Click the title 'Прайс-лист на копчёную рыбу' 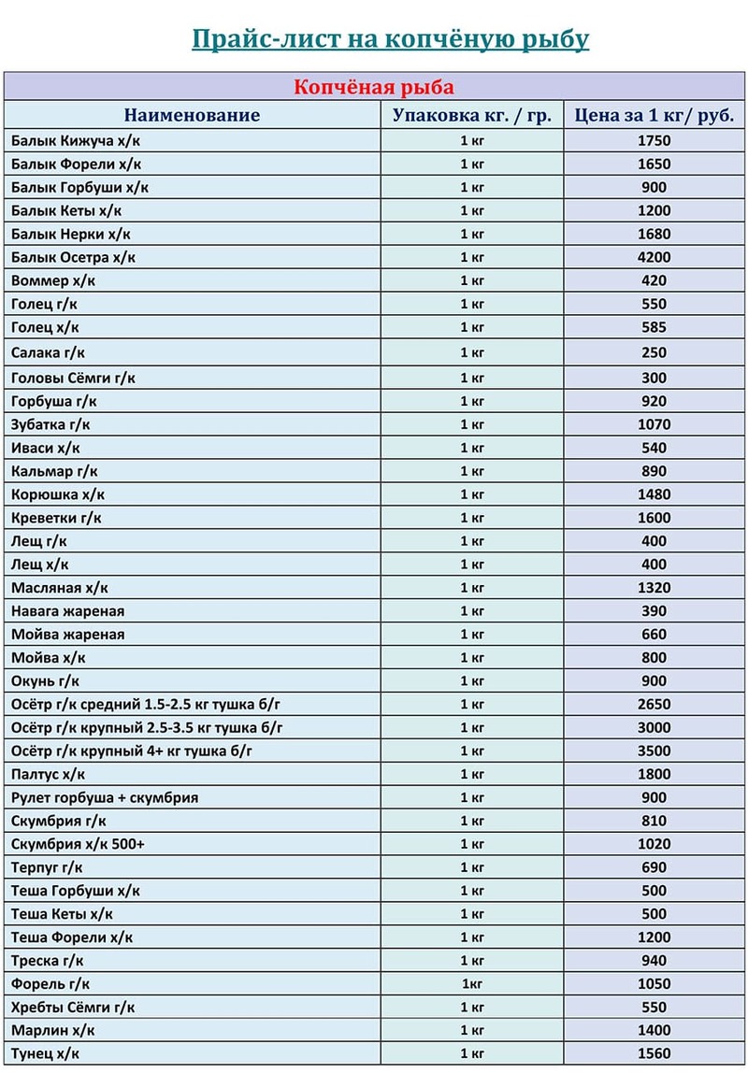pos(390,39)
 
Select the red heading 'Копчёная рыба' pos(374,88)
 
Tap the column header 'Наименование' pos(192,116)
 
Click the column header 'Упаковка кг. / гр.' pos(472,116)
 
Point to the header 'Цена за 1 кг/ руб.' pos(654,116)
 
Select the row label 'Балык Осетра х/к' pos(74,257)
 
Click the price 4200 pos(654,257)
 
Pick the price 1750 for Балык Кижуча pos(654,141)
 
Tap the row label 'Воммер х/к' pos(53,280)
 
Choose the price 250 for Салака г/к pos(654,352)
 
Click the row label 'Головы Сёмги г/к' pos(74,378)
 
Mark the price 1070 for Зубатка pos(654,424)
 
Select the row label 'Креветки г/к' pos(57,518)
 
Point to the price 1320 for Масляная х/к pos(654,588)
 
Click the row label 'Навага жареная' pos(68,611)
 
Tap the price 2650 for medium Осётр pos(654,704)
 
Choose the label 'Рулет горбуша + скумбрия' pos(105,797)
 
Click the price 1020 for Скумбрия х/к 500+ pos(654,844)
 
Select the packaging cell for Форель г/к pos(472,984)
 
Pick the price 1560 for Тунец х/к pos(654,1053)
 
